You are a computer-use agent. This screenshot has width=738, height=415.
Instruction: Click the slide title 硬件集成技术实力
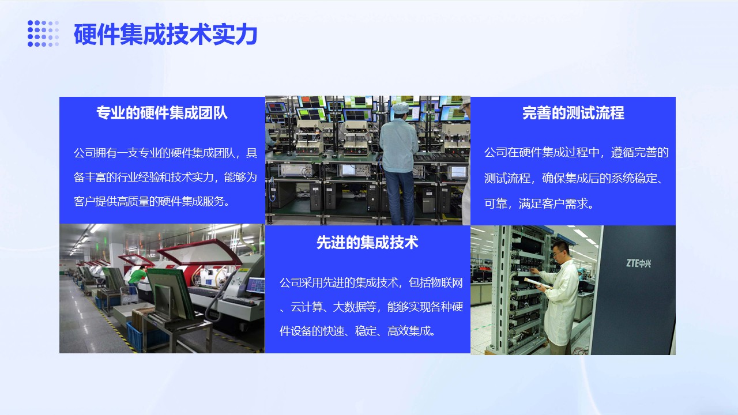[x=165, y=34]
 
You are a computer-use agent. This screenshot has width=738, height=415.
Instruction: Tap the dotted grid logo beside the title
[x=43, y=33]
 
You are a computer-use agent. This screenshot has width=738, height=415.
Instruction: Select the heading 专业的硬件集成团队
[x=162, y=112]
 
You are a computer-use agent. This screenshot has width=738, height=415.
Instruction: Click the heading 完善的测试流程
[x=573, y=112]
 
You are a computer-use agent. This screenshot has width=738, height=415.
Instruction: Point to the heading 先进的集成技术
[x=367, y=243]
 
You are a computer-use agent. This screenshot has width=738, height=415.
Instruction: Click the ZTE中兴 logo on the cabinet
[x=638, y=263]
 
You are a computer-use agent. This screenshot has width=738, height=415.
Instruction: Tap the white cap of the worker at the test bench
[x=401, y=107]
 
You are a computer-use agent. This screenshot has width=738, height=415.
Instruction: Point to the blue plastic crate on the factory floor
[x=135, y=335]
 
